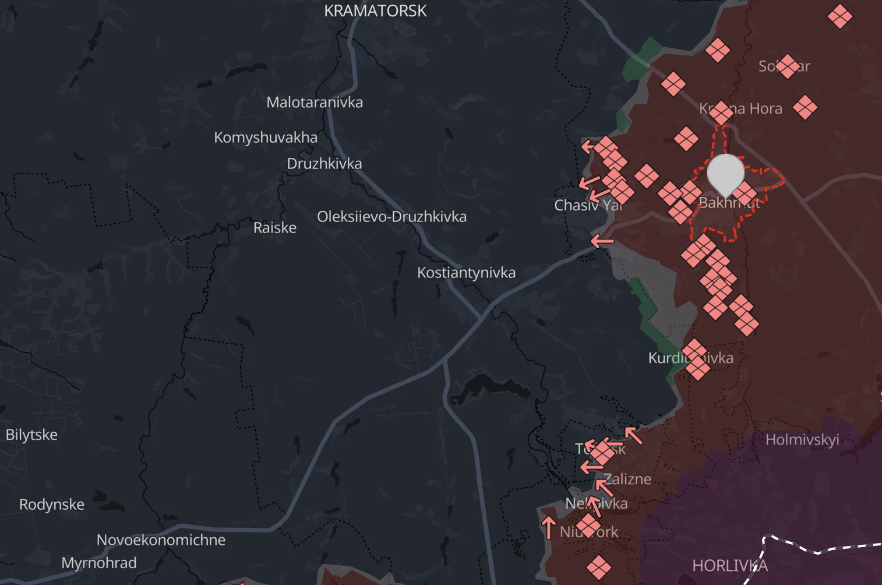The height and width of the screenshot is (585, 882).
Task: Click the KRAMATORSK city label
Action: point(375,11)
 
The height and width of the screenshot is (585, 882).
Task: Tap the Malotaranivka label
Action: point(315,103)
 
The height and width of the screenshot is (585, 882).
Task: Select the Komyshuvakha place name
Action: point(266,138)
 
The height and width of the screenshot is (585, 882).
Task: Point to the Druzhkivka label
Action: point(324,164)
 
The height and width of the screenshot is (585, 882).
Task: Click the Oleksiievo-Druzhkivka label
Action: point(391,217)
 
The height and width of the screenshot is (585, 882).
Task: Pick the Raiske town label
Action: point(274,228)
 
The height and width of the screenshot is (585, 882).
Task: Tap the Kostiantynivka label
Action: point(466,273)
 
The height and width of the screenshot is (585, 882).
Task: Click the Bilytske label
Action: point(31,435)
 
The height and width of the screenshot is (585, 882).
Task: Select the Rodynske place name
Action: point(52,505)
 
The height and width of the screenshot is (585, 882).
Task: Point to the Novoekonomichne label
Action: point(161,540)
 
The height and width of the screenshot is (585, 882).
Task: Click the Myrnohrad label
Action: point(99,563)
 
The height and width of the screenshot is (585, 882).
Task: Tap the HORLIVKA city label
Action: point(729,566)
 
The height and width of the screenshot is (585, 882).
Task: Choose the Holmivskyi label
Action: point(802,440)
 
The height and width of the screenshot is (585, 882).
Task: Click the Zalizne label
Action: point(628,480)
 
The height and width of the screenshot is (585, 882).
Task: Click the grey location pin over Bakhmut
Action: point(725,174)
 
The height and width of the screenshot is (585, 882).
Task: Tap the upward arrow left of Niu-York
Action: point(548,527)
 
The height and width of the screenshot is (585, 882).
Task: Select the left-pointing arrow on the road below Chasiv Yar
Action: point(602,241)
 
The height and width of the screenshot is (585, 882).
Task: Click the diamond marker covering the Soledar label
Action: point(787,66)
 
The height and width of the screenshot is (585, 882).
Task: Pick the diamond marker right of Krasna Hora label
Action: point(805,108)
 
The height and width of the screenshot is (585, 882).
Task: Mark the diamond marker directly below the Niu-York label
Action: point(598,566)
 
